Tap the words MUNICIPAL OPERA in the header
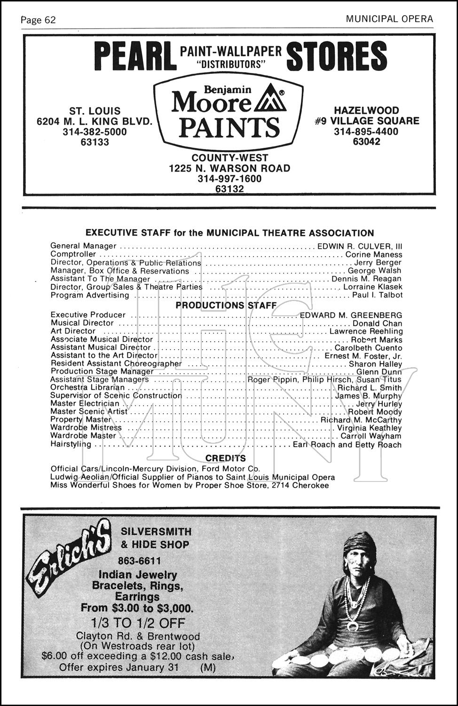(x=389, y=19)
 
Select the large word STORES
(x=336, y=56)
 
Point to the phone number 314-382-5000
(x=95, y=132)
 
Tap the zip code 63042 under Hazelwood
(x=366, y=142)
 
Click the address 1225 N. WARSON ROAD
(x=229, y=168)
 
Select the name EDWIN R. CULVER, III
(x=360, y=246)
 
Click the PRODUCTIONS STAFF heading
(x=226, y=305)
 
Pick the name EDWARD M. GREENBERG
(x=351, y=315)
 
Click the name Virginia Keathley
(x=369, y=428)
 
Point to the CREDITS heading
(x=226, y=458)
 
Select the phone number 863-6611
(x=139, y=561)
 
